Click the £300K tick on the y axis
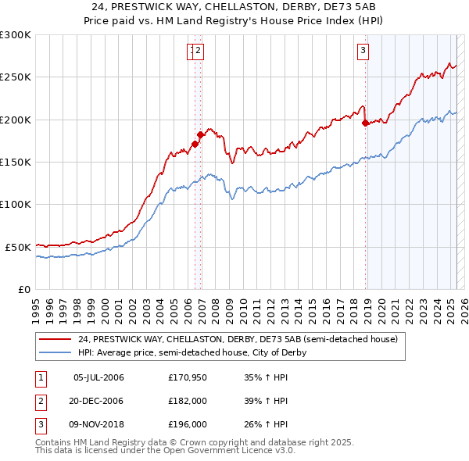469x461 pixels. (x=16, y=35)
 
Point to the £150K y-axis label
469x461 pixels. (x=16, y=162)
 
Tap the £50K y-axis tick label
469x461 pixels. (x=18, y=247)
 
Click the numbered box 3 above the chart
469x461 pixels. (x=363, y=52)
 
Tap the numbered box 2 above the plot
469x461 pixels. (x=199, y=52)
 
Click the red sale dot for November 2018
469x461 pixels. (x=365, y=123)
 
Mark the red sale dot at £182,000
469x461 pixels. (x=200, y=134)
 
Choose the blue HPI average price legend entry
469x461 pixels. (x=192, y=352)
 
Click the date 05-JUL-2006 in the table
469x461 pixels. (x=98, y=378)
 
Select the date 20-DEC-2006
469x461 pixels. (x=98, y=401)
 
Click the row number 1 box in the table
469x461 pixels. (x=40, y=378)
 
